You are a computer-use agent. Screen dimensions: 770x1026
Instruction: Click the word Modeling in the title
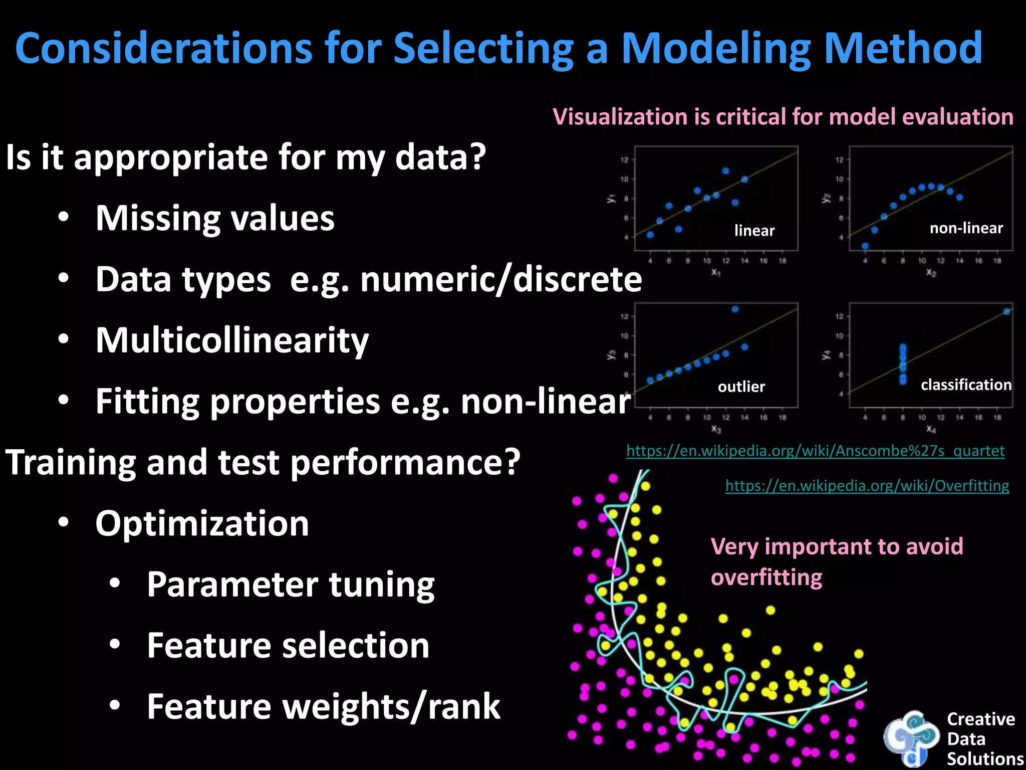coord(715,49)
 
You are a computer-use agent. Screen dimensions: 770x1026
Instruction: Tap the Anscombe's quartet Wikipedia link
coord(815,451)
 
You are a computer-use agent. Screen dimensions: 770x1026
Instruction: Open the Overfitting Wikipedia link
coord(867,486)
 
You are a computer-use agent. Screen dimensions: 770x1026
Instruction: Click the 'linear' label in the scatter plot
coord(754,231)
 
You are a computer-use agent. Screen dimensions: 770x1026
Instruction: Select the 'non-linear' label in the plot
coord(966,229)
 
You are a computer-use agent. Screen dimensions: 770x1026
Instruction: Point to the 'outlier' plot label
coord(741,387)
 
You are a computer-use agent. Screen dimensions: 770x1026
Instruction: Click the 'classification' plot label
coord(966,385)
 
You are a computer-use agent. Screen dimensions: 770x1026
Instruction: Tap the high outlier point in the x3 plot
coord(735,309)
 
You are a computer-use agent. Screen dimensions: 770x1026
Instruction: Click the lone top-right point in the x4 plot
coord(1006,311)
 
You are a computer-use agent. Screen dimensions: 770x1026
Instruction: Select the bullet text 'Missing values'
coord(215,219)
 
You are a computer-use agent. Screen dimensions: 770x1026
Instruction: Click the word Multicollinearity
coord(232,340)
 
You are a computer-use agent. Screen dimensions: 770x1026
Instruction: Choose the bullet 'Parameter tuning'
coord(291,585)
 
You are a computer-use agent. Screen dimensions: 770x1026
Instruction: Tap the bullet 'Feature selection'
coord(288,646)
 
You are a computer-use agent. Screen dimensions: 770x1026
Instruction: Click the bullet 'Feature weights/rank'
coord(323,707)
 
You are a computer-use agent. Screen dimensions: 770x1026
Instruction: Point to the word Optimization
coord(202,523)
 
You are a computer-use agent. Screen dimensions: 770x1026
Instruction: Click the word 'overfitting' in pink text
coord(766,577)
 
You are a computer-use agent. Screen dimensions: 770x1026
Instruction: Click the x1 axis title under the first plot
coord(715,272)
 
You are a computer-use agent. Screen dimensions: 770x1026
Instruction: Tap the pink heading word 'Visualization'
coord(620,117)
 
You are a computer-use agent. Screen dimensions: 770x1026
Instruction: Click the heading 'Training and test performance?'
coord(263,462)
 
